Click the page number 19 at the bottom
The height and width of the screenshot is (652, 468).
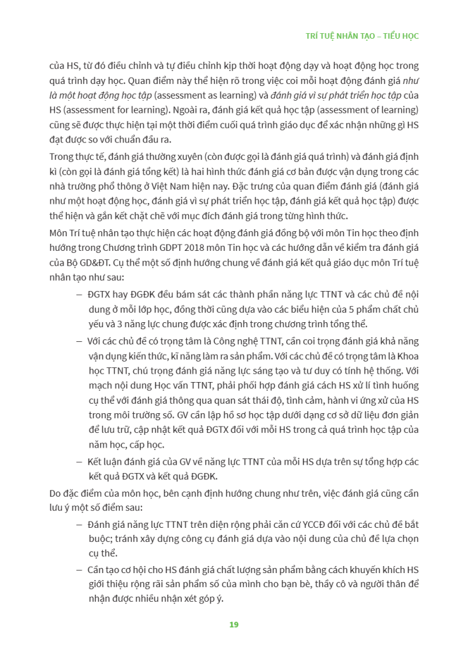233,625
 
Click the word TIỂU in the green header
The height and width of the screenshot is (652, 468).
390,36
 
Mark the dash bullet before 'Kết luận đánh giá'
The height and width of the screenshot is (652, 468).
79,461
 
